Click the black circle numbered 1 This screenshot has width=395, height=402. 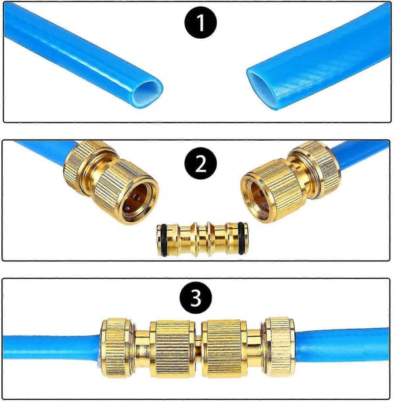tap(201, 22)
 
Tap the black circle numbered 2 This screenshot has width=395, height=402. tap(201, 163)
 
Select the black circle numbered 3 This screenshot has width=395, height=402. tap(196, 297)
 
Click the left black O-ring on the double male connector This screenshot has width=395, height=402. tap(163, 239)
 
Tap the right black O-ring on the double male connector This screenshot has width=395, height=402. tap(241, 238)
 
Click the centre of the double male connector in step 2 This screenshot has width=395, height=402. tap(202, 239)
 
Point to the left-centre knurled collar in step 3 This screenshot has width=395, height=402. tap(172, 349)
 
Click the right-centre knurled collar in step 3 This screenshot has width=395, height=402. tap(224, 349)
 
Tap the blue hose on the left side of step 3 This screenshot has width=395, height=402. tap(51, 348)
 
